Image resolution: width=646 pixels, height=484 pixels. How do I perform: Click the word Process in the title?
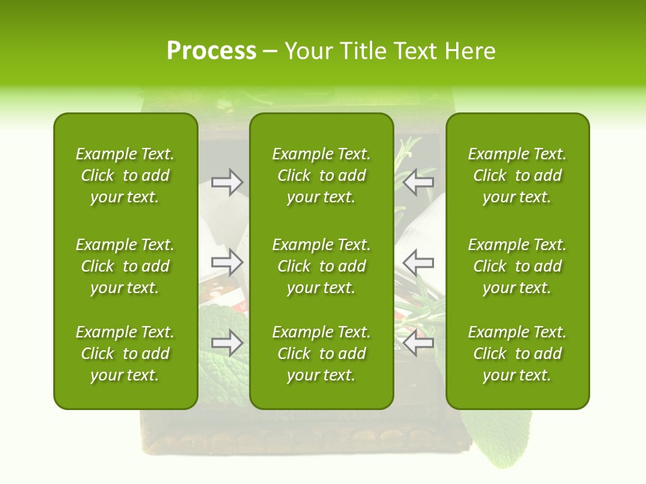[x=211, y=51]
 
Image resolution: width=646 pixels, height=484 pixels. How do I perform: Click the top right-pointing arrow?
[x=227, y=182]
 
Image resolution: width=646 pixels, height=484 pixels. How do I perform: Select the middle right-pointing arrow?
[x=227, y=261]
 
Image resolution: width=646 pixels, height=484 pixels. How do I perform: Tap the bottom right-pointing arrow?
[x=227, y=342]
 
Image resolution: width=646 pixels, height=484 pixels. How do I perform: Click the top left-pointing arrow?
[x=419, y=182]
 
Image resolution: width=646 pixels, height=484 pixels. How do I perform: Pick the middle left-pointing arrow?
[x=419, y=261]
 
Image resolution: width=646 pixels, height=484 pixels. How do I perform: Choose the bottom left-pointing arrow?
[x=419, y=342]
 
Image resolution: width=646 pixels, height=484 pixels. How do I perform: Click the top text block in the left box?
[x=125, y=175]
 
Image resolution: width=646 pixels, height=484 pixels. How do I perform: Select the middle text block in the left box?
[x=125, y=266]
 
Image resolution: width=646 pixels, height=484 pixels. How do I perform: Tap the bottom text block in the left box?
[x=125, y=354]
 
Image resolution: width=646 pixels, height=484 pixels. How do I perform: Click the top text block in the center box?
[x=321, y=175]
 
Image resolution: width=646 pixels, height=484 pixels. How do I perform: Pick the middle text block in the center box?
[x=321, y=266]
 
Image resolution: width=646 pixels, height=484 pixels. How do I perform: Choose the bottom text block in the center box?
[x=321, y=354]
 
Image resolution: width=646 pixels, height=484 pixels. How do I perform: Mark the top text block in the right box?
[x=517, y=175]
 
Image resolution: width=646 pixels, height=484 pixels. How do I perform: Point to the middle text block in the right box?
[x=517, y=266]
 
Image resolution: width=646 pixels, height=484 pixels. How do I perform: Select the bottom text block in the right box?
[x=517, y=354]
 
